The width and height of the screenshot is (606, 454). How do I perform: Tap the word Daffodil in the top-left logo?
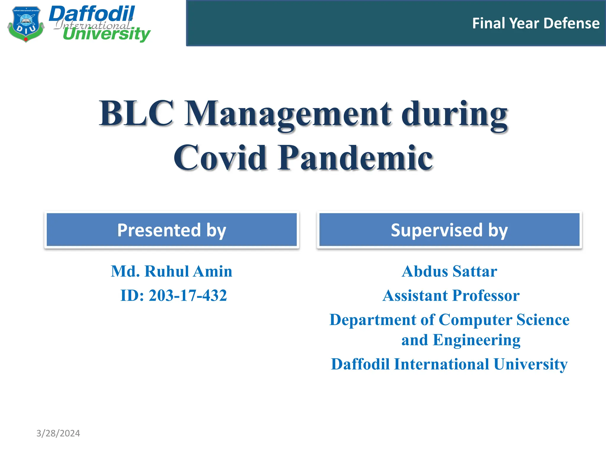[92, 14]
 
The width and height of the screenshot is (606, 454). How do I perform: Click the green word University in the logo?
[107, 34]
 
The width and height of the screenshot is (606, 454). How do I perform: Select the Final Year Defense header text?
[536, 23]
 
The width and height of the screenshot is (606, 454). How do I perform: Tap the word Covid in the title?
[220, 158]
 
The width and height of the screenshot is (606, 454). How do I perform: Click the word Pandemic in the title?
[355, 158]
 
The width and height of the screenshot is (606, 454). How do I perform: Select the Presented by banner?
[172, 230]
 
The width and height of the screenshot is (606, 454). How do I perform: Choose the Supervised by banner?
[449, 230]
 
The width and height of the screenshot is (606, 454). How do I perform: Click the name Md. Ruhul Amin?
[172, 271]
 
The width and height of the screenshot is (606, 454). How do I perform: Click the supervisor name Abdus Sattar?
[449, 271]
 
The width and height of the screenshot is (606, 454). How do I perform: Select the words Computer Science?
[504, 320]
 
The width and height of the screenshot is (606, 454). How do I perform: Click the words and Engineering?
[461, 340]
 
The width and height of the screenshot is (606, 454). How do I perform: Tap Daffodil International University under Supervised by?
[449, 364]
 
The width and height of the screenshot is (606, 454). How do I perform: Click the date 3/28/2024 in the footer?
[58, 433]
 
